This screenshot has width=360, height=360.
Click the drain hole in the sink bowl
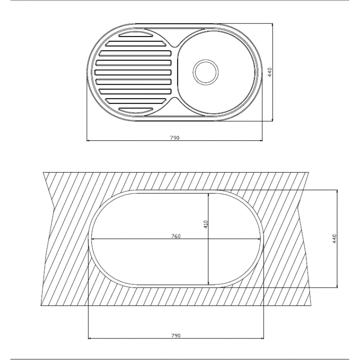tap(206, 72)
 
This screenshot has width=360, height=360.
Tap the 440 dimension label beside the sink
tap(270, 72)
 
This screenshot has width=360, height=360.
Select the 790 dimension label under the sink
tap(175, 138)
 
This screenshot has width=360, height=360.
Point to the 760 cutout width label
tap(176, 236)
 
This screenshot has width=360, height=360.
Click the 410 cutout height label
tap(206, 224)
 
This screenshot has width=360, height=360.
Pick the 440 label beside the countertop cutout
tap(334, 239)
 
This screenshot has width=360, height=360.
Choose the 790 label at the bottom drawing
tap(176, 335)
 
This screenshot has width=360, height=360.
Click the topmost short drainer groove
tap(136, 34)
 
